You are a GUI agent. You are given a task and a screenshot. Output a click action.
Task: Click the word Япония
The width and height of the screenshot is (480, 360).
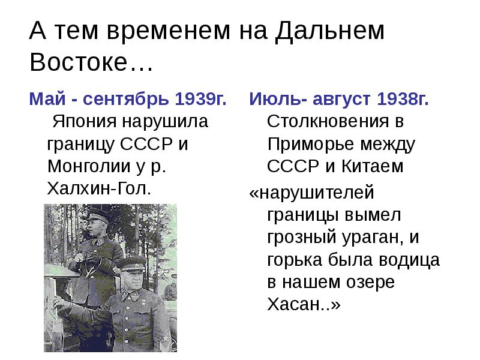(85, 121)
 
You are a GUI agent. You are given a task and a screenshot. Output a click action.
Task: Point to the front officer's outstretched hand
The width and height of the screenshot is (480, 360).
(60, 306)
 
